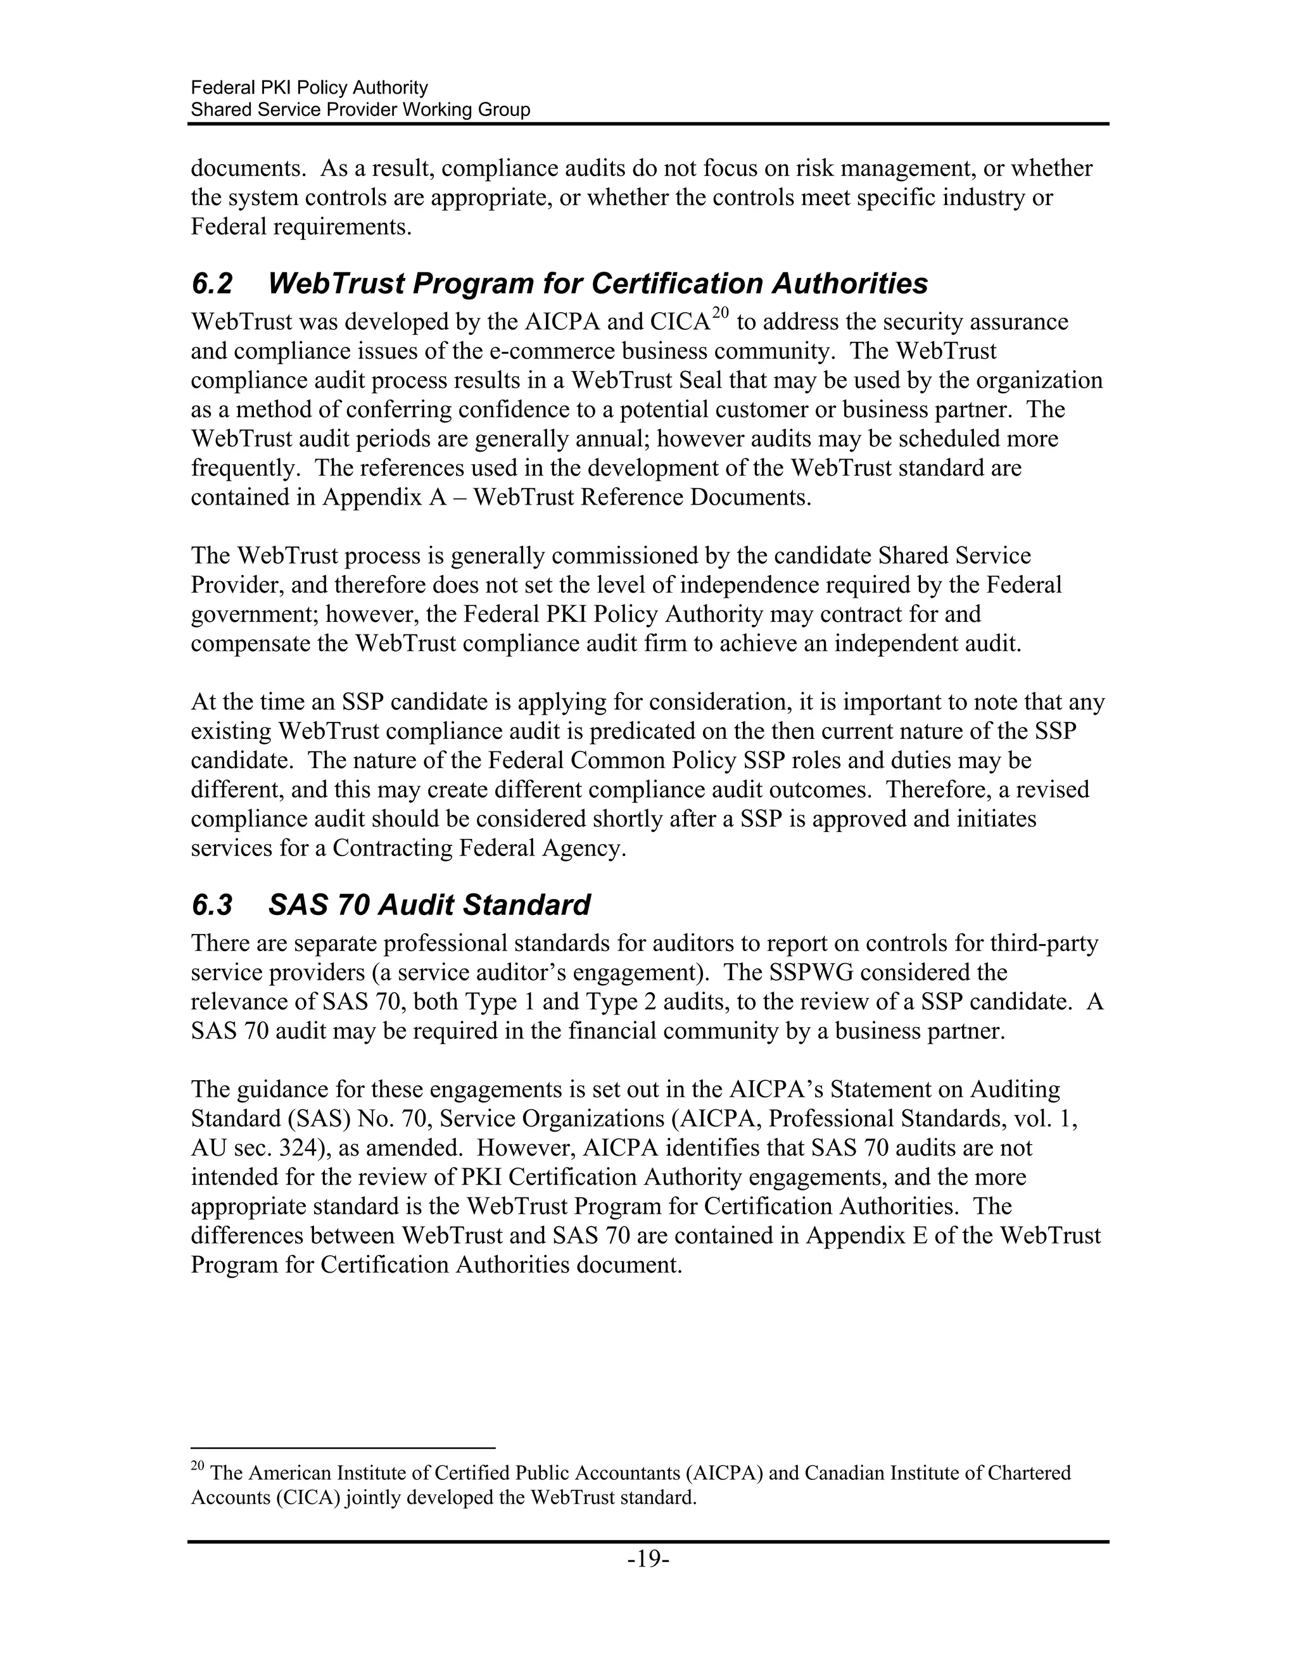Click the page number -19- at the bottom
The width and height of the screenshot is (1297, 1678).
pos(648,1559)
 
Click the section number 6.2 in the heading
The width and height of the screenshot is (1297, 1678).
pos(212,284)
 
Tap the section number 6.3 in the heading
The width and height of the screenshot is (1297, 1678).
pos(212,905)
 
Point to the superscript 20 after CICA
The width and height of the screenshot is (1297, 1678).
pos(719,312)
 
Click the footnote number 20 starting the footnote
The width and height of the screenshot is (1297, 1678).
pos(197,1467)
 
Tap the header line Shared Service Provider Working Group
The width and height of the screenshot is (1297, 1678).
pos(360,110)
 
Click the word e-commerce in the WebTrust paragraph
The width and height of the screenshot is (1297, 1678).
pos(551,351)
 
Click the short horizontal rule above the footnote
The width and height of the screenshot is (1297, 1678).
pos(343,1448)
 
